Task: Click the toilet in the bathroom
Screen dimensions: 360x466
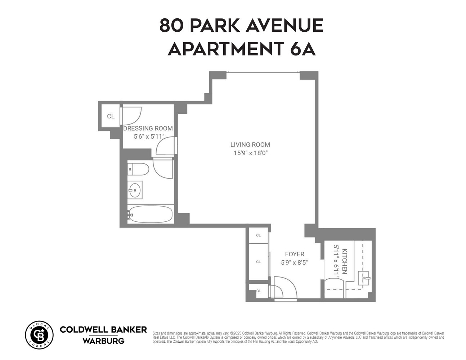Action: [x=138, y=169]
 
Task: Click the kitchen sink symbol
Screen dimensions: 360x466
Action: [x=364, y=278]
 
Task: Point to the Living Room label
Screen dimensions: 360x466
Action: [x=250, y=145]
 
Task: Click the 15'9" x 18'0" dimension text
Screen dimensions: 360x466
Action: [x=250, y=153]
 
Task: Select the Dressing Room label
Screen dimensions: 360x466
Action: [x=148, y=129]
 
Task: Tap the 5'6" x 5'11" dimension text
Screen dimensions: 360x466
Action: [x=149, y=136]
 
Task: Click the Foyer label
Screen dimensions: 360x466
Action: [x=295, y=254]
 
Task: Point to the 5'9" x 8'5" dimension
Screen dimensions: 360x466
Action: [x=295, y=262]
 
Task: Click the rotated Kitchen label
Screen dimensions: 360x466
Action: [x=344, y=261]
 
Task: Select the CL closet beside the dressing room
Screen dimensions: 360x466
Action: [x=111, y=116]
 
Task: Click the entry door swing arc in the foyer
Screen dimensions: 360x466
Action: [x=285, y=287]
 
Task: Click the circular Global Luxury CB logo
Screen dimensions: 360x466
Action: [x=39, y=335]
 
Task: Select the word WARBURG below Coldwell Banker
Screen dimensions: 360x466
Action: [x=103, y=341]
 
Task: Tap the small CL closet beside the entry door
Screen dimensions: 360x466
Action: [x=259, y=291]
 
